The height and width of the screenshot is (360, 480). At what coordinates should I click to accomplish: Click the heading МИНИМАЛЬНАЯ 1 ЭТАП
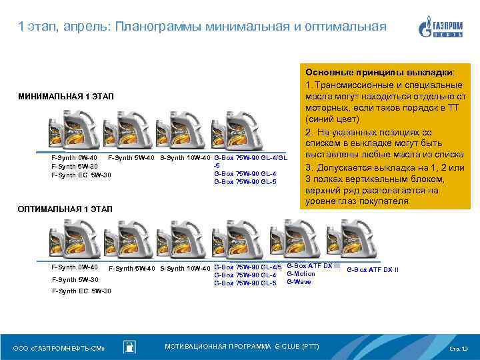66,98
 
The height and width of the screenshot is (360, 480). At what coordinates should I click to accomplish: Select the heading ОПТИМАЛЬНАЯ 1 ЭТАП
66,209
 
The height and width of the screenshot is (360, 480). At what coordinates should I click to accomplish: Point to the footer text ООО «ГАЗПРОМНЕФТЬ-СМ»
59,349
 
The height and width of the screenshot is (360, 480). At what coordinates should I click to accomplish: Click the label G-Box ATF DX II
373,269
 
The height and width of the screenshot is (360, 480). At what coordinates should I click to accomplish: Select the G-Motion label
300,274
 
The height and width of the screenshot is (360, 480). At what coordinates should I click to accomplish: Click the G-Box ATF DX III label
313,266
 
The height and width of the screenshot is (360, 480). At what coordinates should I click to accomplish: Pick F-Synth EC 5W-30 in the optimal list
81,291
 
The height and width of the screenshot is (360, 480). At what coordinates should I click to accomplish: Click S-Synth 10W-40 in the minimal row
185,158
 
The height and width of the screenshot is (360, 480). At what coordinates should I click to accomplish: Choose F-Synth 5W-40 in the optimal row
132,269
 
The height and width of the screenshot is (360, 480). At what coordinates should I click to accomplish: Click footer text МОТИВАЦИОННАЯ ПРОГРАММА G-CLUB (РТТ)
242,347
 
